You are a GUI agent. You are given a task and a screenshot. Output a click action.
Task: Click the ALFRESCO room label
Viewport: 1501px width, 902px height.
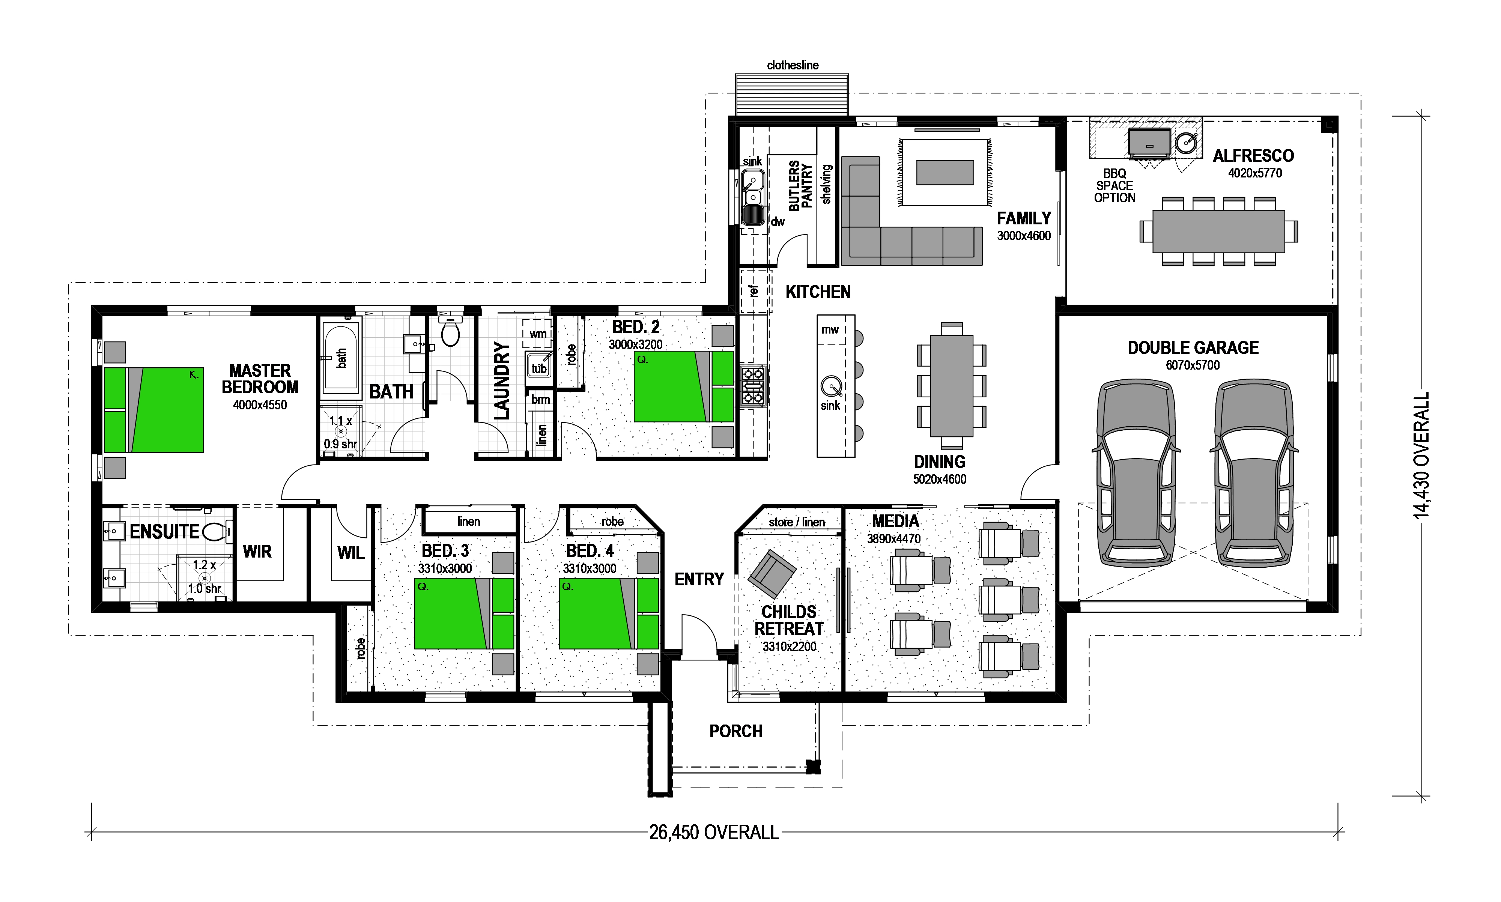pyautogui.click(x=1253, y=156)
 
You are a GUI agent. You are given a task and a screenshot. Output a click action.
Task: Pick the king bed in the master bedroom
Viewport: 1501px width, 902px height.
pyautogui.click(x=154, y=410)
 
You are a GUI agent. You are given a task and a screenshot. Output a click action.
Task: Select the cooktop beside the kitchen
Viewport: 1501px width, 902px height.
pyautogui.click(x=753, y=386)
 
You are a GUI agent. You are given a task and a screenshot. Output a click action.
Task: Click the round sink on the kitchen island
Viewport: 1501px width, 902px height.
pyautogui.click(x=831, y=386)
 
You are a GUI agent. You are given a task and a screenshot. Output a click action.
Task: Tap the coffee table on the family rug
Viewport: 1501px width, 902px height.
pyautogui.click(x=945, y=172)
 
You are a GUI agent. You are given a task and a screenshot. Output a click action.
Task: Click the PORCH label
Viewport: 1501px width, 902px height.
pyautogui.click(x=736, y=731)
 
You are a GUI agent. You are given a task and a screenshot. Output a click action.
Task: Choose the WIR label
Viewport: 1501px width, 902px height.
pyautogui.click(x=257, y=552)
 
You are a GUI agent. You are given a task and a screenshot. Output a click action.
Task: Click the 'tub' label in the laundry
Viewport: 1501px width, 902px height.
pyautogui.click(x=539, y=368)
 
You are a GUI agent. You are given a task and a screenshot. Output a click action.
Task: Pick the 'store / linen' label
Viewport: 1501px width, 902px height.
pyautogui.click(x=797, y=522)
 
